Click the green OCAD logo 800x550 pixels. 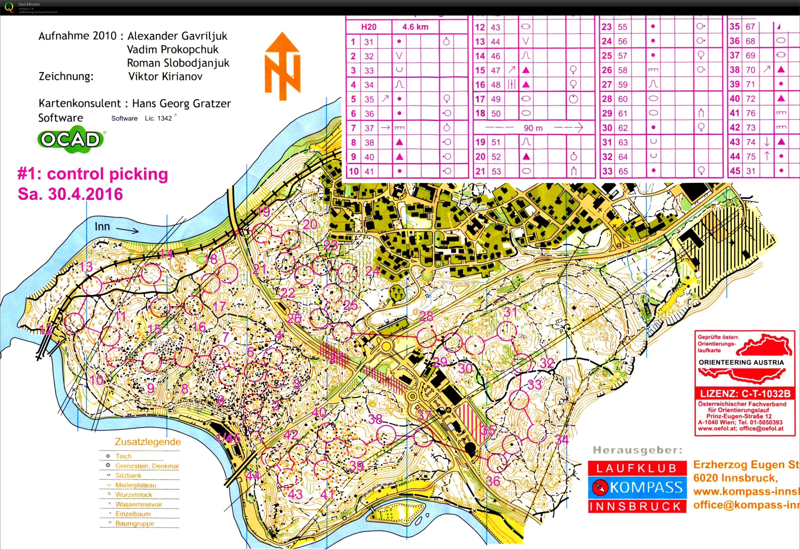point(71,139)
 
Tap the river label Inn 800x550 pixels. point(102,227)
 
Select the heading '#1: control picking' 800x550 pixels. point(93,174)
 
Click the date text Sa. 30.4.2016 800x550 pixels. point(70,194)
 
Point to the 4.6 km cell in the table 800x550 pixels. point(415,27)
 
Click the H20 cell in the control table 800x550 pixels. point(368,27)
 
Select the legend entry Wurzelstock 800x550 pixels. point(134,495)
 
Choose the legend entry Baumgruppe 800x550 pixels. point(135,523)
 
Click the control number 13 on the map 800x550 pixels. point(86,266)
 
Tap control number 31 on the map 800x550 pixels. point(510,312)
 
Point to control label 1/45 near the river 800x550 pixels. point(228,438)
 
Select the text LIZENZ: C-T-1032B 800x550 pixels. point(744,393)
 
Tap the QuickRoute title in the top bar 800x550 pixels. point(29,4)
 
